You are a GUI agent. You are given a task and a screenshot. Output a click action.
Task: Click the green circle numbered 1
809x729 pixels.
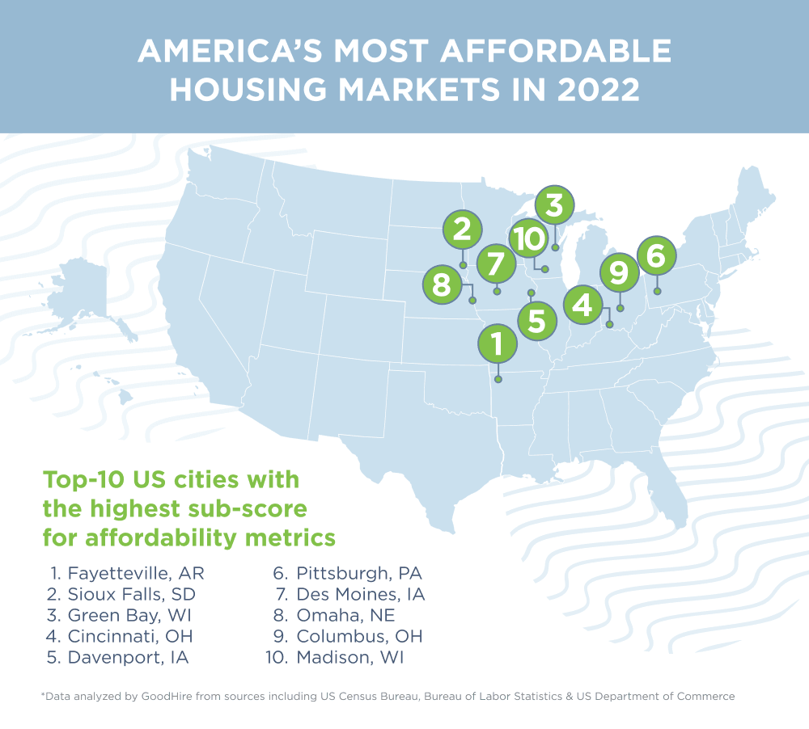(x=498, y=344)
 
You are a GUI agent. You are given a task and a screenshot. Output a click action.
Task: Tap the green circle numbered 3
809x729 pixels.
(x=554, y=206)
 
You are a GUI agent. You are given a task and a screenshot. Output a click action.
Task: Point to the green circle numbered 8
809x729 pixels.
(x=442, y=284)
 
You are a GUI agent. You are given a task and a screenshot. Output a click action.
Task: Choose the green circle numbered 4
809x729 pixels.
(x=582, y=305)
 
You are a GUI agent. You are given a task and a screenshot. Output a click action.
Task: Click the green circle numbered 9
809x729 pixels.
(x=619, y=272)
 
